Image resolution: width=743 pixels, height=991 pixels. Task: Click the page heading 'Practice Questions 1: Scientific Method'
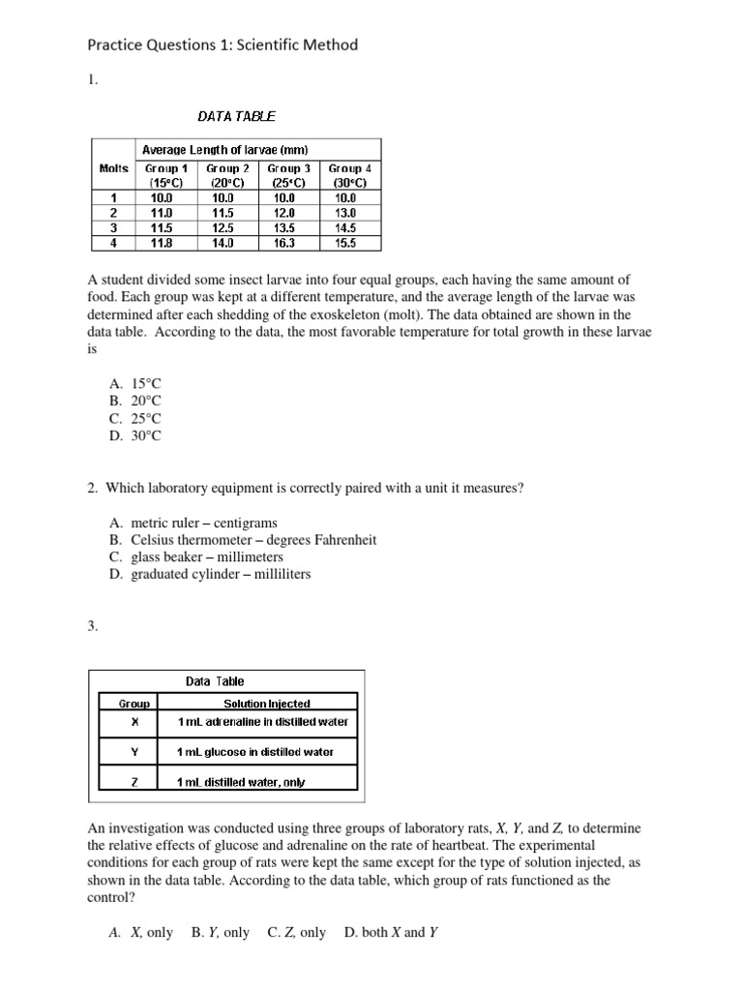[x=223, y=45]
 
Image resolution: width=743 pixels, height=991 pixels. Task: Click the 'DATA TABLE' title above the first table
[x=236, y=116]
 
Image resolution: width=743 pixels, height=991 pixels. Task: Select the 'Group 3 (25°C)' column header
[x=288, y=175]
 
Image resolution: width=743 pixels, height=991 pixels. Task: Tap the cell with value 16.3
[x=288, y=244]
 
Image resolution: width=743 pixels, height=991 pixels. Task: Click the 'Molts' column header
[x=113, y=168]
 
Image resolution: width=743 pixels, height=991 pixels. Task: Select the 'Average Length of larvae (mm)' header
[x=225, y=150]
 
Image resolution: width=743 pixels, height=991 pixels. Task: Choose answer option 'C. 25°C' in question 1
[x=134, y=419]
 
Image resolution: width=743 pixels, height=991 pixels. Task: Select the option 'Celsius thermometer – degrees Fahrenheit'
[x=242, y=540]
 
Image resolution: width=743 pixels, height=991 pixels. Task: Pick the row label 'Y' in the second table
[x=134, y=752]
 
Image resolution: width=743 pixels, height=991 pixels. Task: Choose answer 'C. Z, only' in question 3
[x=296, y=933]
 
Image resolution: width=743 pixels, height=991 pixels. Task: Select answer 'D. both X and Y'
[x=391, y=933]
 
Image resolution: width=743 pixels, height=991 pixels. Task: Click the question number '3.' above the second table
[x=94, y=626]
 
